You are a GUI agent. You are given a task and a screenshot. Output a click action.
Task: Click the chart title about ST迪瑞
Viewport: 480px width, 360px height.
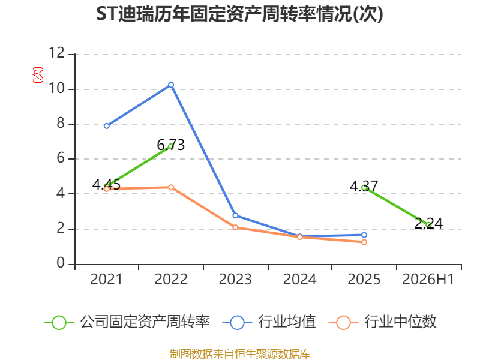pos(239,14)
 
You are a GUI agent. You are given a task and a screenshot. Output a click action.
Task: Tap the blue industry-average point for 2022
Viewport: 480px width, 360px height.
pos(171,85)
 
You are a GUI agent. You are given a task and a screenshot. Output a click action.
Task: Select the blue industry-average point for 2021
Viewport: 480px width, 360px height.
pos(107,126)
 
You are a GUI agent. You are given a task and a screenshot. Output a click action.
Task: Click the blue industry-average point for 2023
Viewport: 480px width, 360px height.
pos(235,215)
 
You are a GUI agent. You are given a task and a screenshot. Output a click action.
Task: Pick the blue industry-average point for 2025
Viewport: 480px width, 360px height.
pos(364,235)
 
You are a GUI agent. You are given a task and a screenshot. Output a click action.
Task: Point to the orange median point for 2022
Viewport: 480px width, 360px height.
pos(171,187)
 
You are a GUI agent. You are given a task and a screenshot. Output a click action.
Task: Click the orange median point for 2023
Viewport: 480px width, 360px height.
pos(235,227)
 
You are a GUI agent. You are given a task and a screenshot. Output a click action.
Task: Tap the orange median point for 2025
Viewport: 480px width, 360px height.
pos(364,242)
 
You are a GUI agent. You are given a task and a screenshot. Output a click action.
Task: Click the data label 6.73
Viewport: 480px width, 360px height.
pos(171,145)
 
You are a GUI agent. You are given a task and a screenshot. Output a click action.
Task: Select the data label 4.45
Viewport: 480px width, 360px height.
pos(106,184)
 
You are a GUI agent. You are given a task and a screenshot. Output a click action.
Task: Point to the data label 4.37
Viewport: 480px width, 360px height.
pos(364,186)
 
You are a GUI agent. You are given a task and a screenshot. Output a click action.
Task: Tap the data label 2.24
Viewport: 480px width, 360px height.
pos(428,223)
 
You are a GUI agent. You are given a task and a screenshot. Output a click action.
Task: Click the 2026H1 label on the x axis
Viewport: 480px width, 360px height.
pos(428,279)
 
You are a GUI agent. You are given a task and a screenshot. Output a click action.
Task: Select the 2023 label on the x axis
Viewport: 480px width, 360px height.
pos(235,279)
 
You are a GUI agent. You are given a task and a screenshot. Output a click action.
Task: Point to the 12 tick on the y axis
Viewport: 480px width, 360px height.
pos(57,53)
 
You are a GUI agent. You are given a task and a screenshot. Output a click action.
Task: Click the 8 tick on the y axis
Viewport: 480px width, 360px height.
pos(61,123)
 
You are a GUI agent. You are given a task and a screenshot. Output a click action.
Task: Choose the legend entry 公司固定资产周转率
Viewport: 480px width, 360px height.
pos(127,322)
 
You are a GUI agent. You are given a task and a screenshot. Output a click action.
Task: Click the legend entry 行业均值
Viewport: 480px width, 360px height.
pos(269,322)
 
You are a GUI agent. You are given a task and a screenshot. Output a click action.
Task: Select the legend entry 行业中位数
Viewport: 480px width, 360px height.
pos(382,322)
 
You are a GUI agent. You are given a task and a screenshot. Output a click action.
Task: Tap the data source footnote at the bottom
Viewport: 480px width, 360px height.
pos(240,354)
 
